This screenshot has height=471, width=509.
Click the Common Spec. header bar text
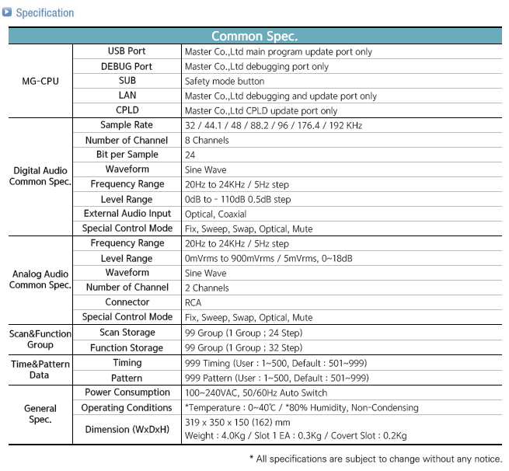click(x=254, y=36)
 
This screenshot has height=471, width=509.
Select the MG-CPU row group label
click(x=40, y=81)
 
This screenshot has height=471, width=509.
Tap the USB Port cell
click(x=127, y=51)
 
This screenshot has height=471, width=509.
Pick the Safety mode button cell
click(x=225, y=81)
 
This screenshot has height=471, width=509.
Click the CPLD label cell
click(x=127, y=110)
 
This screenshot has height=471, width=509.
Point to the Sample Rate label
click(x=127, y=125)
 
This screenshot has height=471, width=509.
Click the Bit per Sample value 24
click(x=190, y=155)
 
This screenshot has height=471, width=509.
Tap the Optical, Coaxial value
click(x=215, y=214)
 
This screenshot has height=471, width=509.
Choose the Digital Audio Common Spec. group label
click(x=40, y=176)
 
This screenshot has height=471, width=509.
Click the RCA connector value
click(x=193, y=302)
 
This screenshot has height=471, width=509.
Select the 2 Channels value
click(x=207, y=288)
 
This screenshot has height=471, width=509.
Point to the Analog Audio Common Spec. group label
click(x=40, y=280)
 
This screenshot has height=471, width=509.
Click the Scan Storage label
click(x=127, y=332)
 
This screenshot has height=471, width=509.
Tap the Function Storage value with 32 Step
click(x=243, y=347)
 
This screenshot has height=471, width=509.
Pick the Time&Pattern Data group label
click(x=40, y=369)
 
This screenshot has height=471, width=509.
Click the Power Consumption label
click(x=127, y=392)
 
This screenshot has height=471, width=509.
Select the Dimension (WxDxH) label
click(x=127, y=428)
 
